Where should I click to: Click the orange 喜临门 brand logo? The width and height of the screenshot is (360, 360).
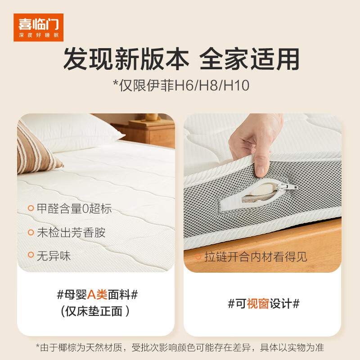38,27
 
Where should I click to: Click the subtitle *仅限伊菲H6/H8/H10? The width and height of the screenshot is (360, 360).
180,85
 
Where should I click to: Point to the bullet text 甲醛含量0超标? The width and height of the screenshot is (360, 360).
74,209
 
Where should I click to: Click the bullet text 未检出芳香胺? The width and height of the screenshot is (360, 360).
71,233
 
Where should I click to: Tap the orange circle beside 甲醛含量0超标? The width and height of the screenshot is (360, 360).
31,209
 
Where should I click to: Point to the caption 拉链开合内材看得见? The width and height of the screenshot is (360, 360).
256,257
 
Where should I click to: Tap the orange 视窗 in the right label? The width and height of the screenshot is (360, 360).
258,303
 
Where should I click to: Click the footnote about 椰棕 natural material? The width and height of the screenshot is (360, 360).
180,348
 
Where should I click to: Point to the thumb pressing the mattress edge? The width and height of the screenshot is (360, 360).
260,168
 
